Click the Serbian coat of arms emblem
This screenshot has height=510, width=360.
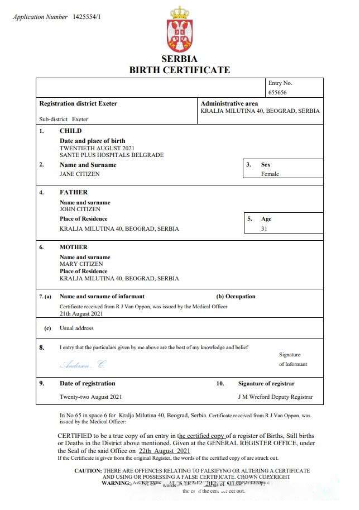pos(180,30)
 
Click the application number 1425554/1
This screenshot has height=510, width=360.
pos(87,17)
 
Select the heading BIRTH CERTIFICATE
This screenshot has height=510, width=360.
pos(180,70)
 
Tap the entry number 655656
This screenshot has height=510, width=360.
pos(277,93)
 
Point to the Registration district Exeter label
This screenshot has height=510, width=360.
pos(78,103)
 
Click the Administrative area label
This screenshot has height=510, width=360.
pos(229,103)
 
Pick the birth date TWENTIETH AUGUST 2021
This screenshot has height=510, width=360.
pos(93,148)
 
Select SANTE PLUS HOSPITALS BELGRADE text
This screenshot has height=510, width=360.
pos(112,155)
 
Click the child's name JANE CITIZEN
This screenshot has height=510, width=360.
pos(79,174)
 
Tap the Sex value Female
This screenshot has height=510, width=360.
pos(270,174)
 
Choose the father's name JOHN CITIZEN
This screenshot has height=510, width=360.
pos(80,209)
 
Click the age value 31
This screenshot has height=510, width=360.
pos(265,228)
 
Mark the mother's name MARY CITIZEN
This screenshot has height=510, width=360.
pos(81,264)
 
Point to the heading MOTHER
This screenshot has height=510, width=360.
pos(74,247)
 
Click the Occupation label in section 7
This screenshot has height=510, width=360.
pos(236,297)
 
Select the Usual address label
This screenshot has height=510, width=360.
pos(76,328)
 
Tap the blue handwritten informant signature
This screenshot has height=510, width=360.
pos(82,364)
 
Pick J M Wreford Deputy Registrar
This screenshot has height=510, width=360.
pos(275,397)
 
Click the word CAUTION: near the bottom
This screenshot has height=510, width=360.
pos(88,471)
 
